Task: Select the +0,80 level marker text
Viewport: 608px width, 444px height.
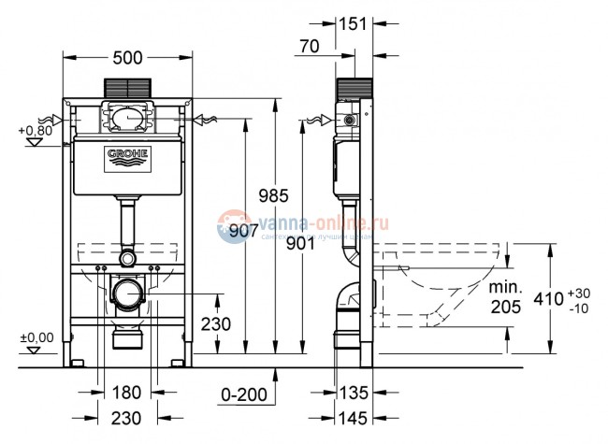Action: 35,130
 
